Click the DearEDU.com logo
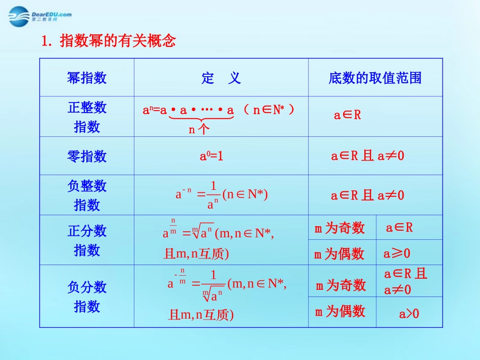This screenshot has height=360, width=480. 40,16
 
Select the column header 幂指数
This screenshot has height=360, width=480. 87,78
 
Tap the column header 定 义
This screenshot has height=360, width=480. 221,78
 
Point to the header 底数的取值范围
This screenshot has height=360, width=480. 375,78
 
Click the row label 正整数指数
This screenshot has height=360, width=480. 87,117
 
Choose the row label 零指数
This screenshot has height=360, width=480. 87,156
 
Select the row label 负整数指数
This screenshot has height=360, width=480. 87,195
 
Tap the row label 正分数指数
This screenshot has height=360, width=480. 87,240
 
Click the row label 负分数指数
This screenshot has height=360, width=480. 87,296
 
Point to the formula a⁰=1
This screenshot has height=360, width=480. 212,156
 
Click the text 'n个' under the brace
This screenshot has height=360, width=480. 199,130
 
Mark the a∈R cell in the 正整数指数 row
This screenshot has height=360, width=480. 348,115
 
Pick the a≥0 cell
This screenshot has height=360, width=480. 397,253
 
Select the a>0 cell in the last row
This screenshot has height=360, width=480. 409,314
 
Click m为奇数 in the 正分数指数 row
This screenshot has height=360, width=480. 340,229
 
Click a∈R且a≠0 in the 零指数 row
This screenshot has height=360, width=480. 368,156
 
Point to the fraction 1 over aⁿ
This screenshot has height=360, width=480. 213,195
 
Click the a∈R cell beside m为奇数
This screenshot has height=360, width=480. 400,228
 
